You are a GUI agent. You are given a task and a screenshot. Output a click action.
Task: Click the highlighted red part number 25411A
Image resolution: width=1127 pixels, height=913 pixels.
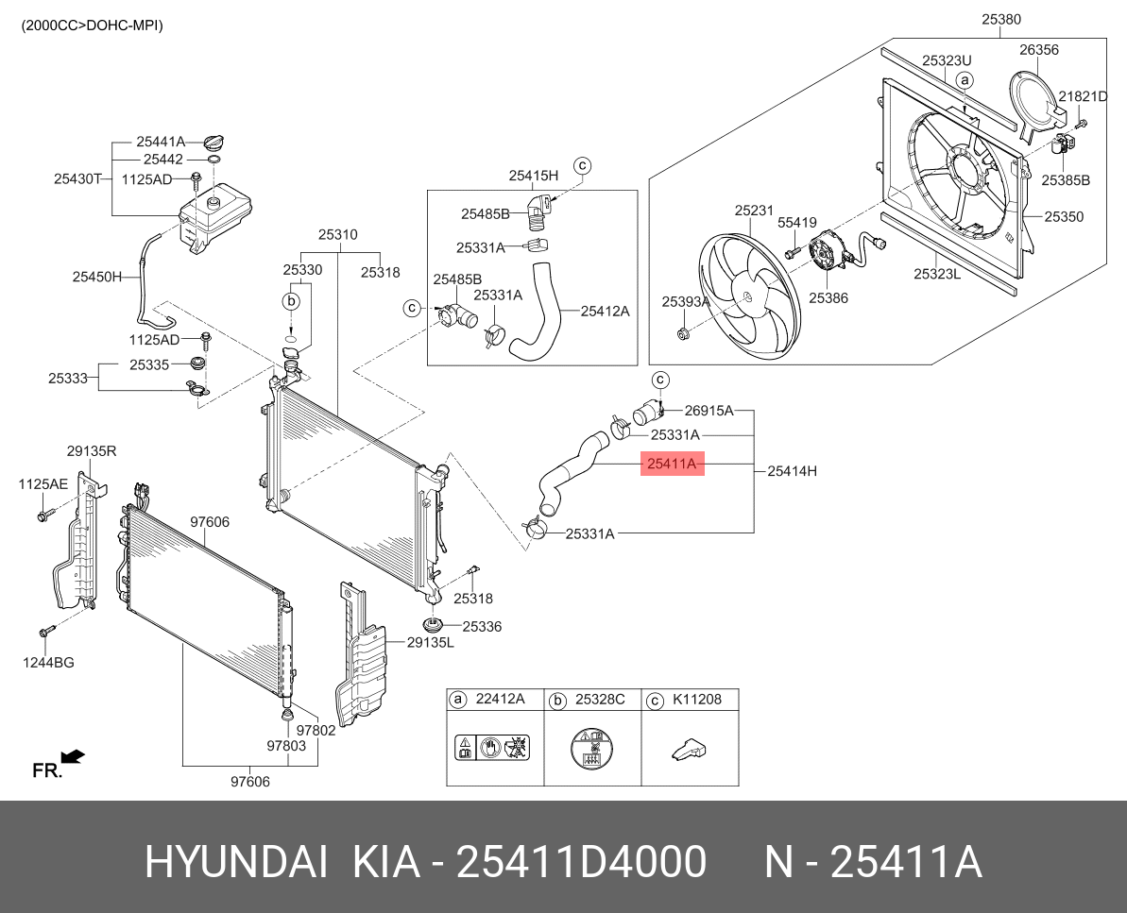[672, 464]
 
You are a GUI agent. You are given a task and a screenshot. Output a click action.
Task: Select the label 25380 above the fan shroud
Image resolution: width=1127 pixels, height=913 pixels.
[1000, 19]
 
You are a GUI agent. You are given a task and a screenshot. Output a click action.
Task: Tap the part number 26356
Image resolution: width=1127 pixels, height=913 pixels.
[1038, 50]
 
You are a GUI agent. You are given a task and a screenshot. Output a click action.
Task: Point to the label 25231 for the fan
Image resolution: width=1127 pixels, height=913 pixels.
[755, 211]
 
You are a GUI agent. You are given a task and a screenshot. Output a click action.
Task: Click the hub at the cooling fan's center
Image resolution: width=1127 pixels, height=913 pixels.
[747, 296]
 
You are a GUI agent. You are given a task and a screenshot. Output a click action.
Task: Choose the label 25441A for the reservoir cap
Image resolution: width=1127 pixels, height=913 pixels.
[161, 143]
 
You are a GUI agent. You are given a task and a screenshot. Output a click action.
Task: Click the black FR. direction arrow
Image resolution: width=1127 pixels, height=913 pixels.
[73, 756]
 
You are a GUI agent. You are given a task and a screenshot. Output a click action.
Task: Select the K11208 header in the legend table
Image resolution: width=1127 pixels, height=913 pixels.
[696, 700]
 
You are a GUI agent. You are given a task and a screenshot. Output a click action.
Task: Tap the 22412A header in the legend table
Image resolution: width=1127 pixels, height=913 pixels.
[499, 700]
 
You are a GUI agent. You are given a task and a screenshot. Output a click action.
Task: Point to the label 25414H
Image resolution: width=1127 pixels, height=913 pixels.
[792, 469]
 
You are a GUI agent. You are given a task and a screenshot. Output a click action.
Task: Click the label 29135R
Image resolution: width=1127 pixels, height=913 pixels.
[92, 451]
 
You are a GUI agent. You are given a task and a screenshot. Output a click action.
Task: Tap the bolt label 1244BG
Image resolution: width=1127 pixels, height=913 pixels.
[50, 663]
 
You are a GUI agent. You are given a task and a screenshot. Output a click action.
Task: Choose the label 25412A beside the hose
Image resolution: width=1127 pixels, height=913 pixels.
[605, 310]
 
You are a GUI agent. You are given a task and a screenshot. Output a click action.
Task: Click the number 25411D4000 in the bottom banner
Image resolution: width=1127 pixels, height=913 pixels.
[581, 862]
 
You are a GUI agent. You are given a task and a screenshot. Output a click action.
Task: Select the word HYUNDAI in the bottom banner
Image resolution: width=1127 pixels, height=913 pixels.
[236, 862]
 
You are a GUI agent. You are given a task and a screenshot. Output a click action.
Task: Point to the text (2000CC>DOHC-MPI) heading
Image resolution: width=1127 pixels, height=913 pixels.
[92, 25]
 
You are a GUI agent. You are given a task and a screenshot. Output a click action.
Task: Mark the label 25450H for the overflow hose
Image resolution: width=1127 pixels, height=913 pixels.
[97, 277]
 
